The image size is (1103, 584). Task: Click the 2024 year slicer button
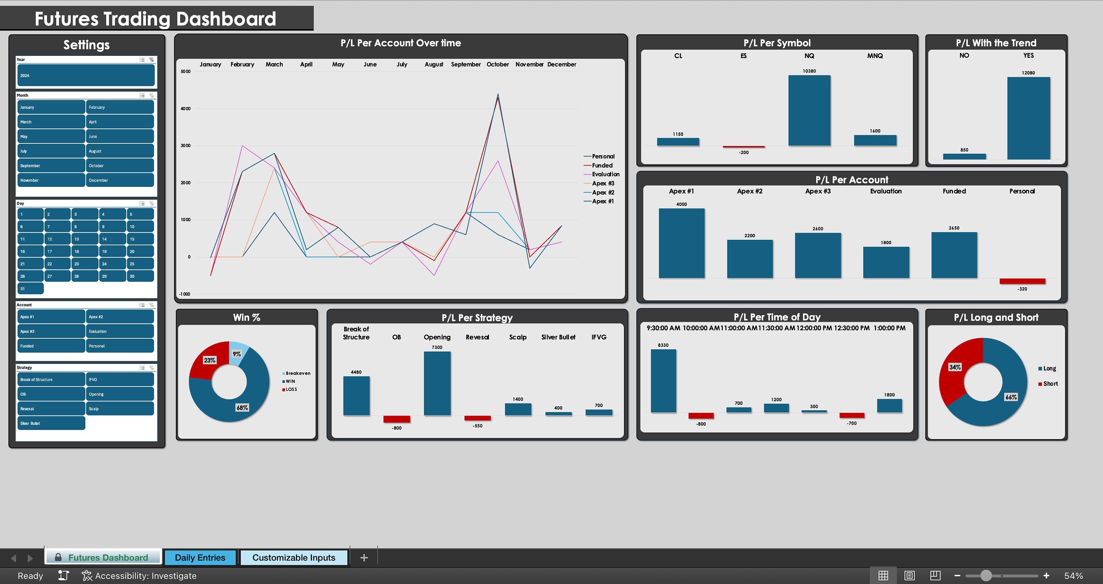pos(86,75)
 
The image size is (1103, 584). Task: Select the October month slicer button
pos(119,166)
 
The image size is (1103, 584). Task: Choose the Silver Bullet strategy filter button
pos(51,423)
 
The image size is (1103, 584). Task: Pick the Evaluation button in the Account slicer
pos(119,331)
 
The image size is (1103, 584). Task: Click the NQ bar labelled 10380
pos(809,110)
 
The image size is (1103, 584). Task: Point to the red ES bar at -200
pos(743,147)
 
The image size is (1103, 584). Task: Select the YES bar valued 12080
pos(1028,118)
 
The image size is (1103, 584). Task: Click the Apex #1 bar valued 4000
pos(681,243)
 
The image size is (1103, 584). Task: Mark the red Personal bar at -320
pos(1022,281)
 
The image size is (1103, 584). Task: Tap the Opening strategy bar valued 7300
pos(437,383)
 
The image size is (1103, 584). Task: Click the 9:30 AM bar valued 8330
pos(663,381)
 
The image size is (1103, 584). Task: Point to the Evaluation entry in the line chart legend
pos(605,174)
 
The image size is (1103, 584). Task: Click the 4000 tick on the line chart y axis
pos(185,109)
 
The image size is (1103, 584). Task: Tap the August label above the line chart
pos(433,64)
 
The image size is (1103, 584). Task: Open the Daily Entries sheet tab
pos(200,558)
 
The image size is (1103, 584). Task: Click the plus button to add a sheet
pos(364,558)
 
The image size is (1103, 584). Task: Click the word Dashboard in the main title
pos(226,19)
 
